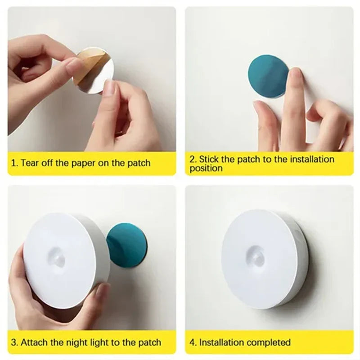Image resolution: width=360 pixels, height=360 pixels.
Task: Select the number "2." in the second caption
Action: point(193,159)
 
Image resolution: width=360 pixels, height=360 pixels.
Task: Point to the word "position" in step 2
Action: point(206,169)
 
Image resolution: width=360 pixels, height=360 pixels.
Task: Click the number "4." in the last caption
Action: point(193,343)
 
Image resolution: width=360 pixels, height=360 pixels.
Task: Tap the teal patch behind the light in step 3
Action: point(128,245)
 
